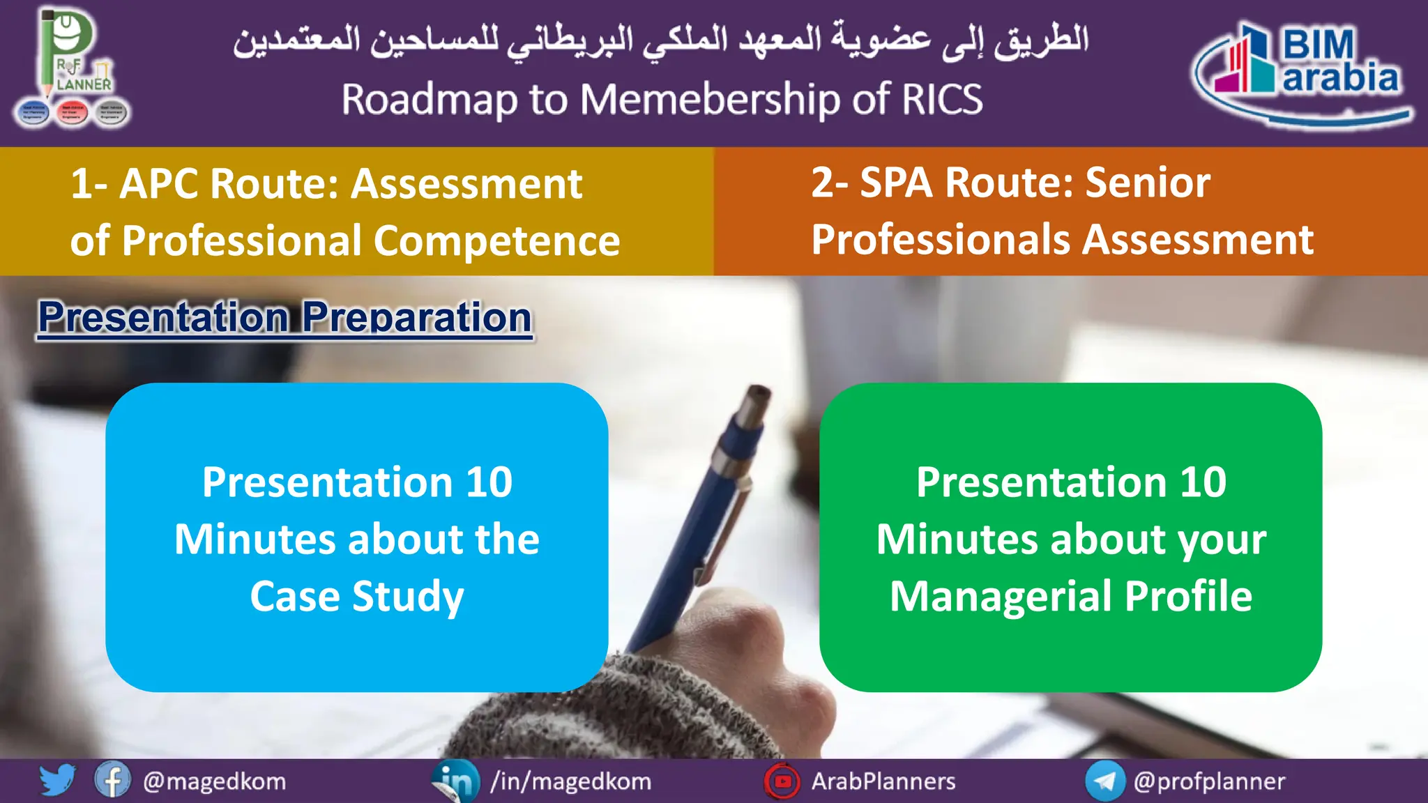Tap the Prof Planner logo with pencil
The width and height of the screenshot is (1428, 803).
point(72,70)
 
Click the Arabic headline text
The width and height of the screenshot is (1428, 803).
point(660,40)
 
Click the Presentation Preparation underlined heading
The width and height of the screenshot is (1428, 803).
point(284,318)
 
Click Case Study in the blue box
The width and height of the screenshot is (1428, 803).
point(357,597)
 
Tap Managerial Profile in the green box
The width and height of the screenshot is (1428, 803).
point(1071,597)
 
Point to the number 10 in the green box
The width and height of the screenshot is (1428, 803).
point(1203,482)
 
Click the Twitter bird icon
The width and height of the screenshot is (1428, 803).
point(56,780)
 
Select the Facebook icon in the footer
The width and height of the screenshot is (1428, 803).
point(112,780)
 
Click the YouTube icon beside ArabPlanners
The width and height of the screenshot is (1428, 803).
point(782,781)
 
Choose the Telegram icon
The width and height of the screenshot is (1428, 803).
point(1104,781)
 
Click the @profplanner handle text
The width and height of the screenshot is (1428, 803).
point(1209,781)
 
